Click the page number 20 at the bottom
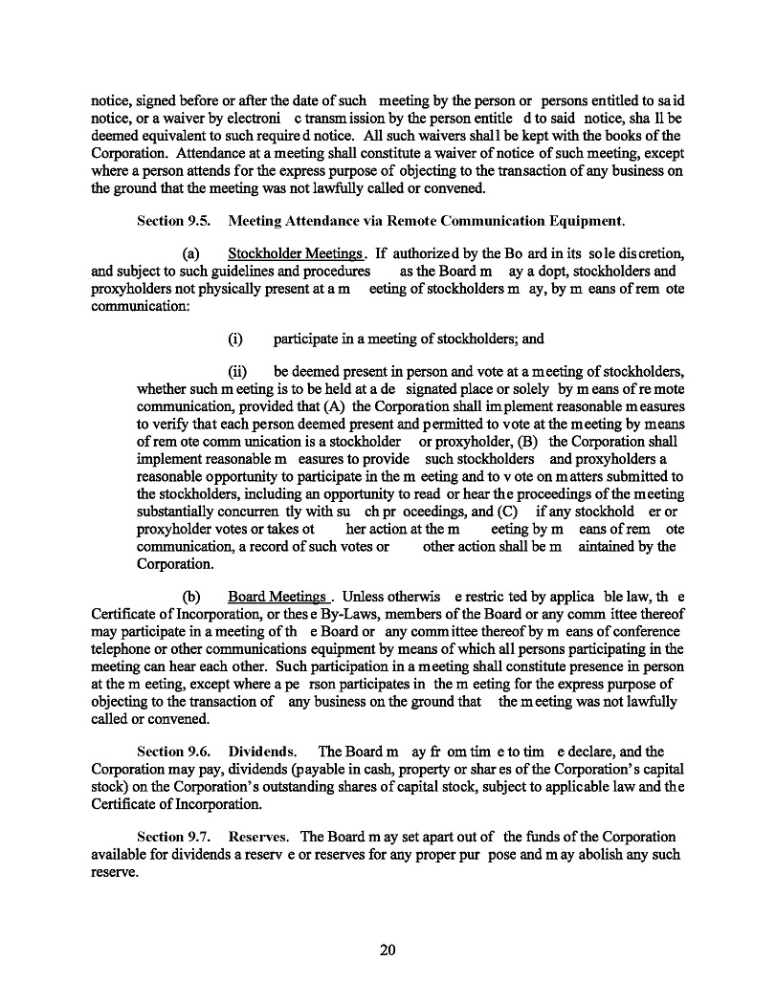click(388, 949)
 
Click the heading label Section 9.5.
click(173, 221)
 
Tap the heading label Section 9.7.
click(173, 837)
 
